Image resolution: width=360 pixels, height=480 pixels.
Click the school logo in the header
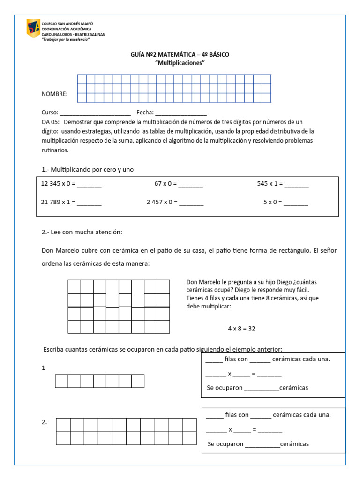click(x=33, y=29)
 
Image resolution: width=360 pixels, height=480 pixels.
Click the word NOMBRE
click(x=54, y=94)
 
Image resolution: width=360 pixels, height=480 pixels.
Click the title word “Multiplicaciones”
click(x=180, y=63)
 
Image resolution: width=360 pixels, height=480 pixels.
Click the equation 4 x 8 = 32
click(x=241, y=329)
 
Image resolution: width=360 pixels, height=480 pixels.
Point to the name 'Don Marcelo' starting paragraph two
click(x=59, y=250)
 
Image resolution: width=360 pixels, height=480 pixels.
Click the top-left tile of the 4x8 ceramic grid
click(x=75, y=286)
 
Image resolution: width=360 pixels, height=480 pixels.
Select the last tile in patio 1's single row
click(x=138, y=381)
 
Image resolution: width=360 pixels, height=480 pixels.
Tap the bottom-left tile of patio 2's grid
click(x=63, y=438)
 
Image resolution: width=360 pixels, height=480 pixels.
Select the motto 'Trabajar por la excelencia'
click(x=66, y=39)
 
